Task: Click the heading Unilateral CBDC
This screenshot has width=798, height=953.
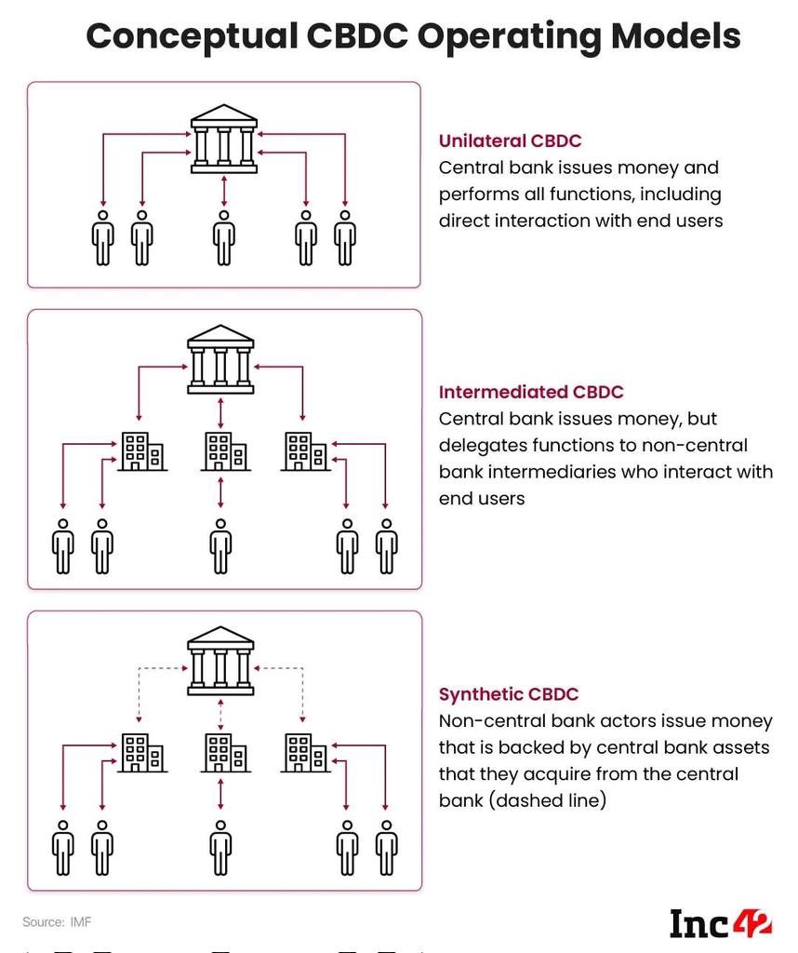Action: tap(510, 141)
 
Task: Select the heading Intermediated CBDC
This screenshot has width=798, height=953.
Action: tap(531, 392)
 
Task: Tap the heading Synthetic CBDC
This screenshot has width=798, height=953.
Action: tap(508, 694)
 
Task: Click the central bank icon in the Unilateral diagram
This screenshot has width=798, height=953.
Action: tap(224, 143)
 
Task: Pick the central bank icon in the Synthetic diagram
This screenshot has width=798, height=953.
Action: tap(220, 660)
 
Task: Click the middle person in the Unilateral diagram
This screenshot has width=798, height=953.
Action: tap(223, 239)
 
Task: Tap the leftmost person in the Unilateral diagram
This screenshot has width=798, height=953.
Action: tap(102, 239)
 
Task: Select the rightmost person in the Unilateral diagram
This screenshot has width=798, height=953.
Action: tap(345, 239)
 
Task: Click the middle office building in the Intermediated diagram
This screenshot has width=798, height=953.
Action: tap(223, 451)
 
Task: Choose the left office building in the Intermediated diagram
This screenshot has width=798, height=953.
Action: tap(142, 451)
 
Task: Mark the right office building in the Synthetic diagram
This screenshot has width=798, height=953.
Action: tap(303, 753)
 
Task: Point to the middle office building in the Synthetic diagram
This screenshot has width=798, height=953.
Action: tap(223, 753)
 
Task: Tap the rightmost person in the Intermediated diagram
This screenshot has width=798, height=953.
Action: tap(386, 547)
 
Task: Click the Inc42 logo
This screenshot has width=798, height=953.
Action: tap(720, 922)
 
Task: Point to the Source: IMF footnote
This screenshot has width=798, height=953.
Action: tap(57, 922)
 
